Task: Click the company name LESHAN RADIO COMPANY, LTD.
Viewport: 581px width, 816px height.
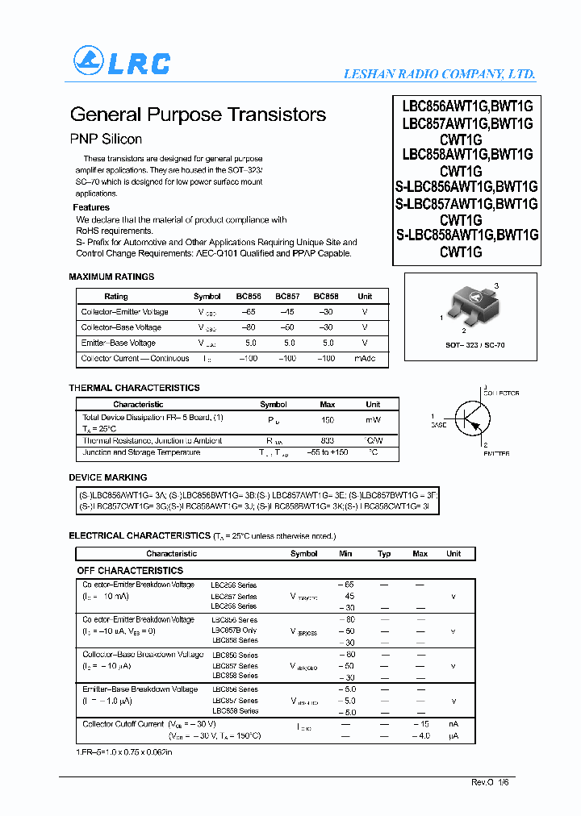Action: pyautogui.click(x=439, y=73)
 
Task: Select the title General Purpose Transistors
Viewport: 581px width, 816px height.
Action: pyautogui.click(x=198, y=114)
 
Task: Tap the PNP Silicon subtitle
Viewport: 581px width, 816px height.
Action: pyautogui.click(x=106, y=139)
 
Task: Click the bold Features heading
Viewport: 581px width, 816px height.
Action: pyautogui.click(x=91, y=207)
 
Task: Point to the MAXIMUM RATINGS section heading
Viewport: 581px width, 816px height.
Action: pyautogui.click(x=111, y=277)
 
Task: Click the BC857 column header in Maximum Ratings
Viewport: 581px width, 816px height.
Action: pyautogui.click(x=287, y=297)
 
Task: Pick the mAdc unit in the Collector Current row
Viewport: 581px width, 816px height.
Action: pyautogui.click(x=365, y=358)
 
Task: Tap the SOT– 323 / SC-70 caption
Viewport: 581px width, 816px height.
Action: pyautogui.click(x=476, y=345)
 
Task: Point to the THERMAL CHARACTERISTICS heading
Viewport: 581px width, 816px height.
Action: pyautogui.click(x=134, y=388)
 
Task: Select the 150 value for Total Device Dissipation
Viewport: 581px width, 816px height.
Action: pyautogui.click(x=328, y=420)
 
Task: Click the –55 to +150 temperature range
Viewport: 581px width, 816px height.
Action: pyautogui.click(x=328, y=452)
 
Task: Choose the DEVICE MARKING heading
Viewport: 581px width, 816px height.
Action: pyautogui.click(x=108, y=477)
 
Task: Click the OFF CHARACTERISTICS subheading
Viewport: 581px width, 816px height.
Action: pyautogui.click(x=130, y=570)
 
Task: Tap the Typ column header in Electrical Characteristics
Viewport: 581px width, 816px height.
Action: pyautogui.click(x=384, y=554)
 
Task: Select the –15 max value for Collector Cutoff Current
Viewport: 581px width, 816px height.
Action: pyautogui.click(x=420, y=724)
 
